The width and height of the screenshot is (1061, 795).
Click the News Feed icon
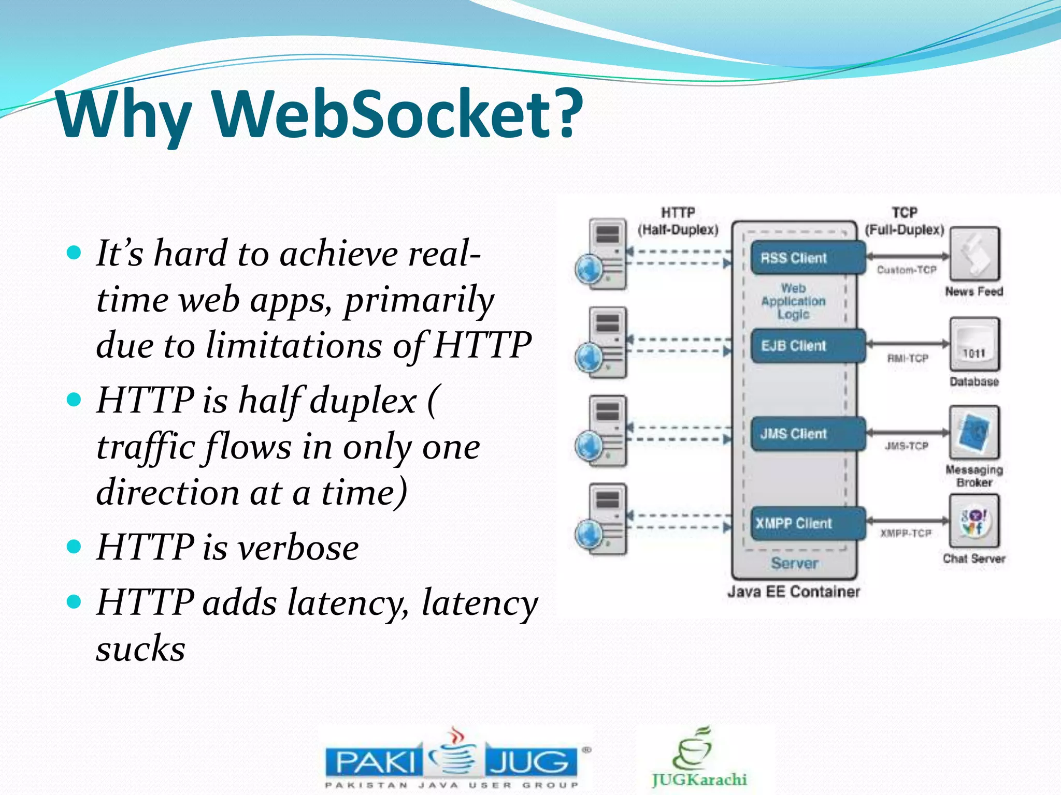coord(974,254)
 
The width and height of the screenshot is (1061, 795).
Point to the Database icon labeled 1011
coord(974,344)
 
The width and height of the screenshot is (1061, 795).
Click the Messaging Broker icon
coord(974,432)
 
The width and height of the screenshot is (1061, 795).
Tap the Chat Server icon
coord(974,521)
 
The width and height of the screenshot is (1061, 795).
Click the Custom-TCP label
coord(907,270)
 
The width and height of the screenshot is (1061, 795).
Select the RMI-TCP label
coord(908,358)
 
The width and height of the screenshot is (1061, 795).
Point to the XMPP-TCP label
coord(906,533)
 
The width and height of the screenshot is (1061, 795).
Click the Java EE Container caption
coord(794,592)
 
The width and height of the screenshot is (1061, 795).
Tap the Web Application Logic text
coord(793,301)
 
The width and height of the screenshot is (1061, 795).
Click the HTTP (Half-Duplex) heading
coord(678,221)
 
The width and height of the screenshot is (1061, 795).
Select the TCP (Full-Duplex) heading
coord(905,221)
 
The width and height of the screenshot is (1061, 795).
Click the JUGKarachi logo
coord(698,758)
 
